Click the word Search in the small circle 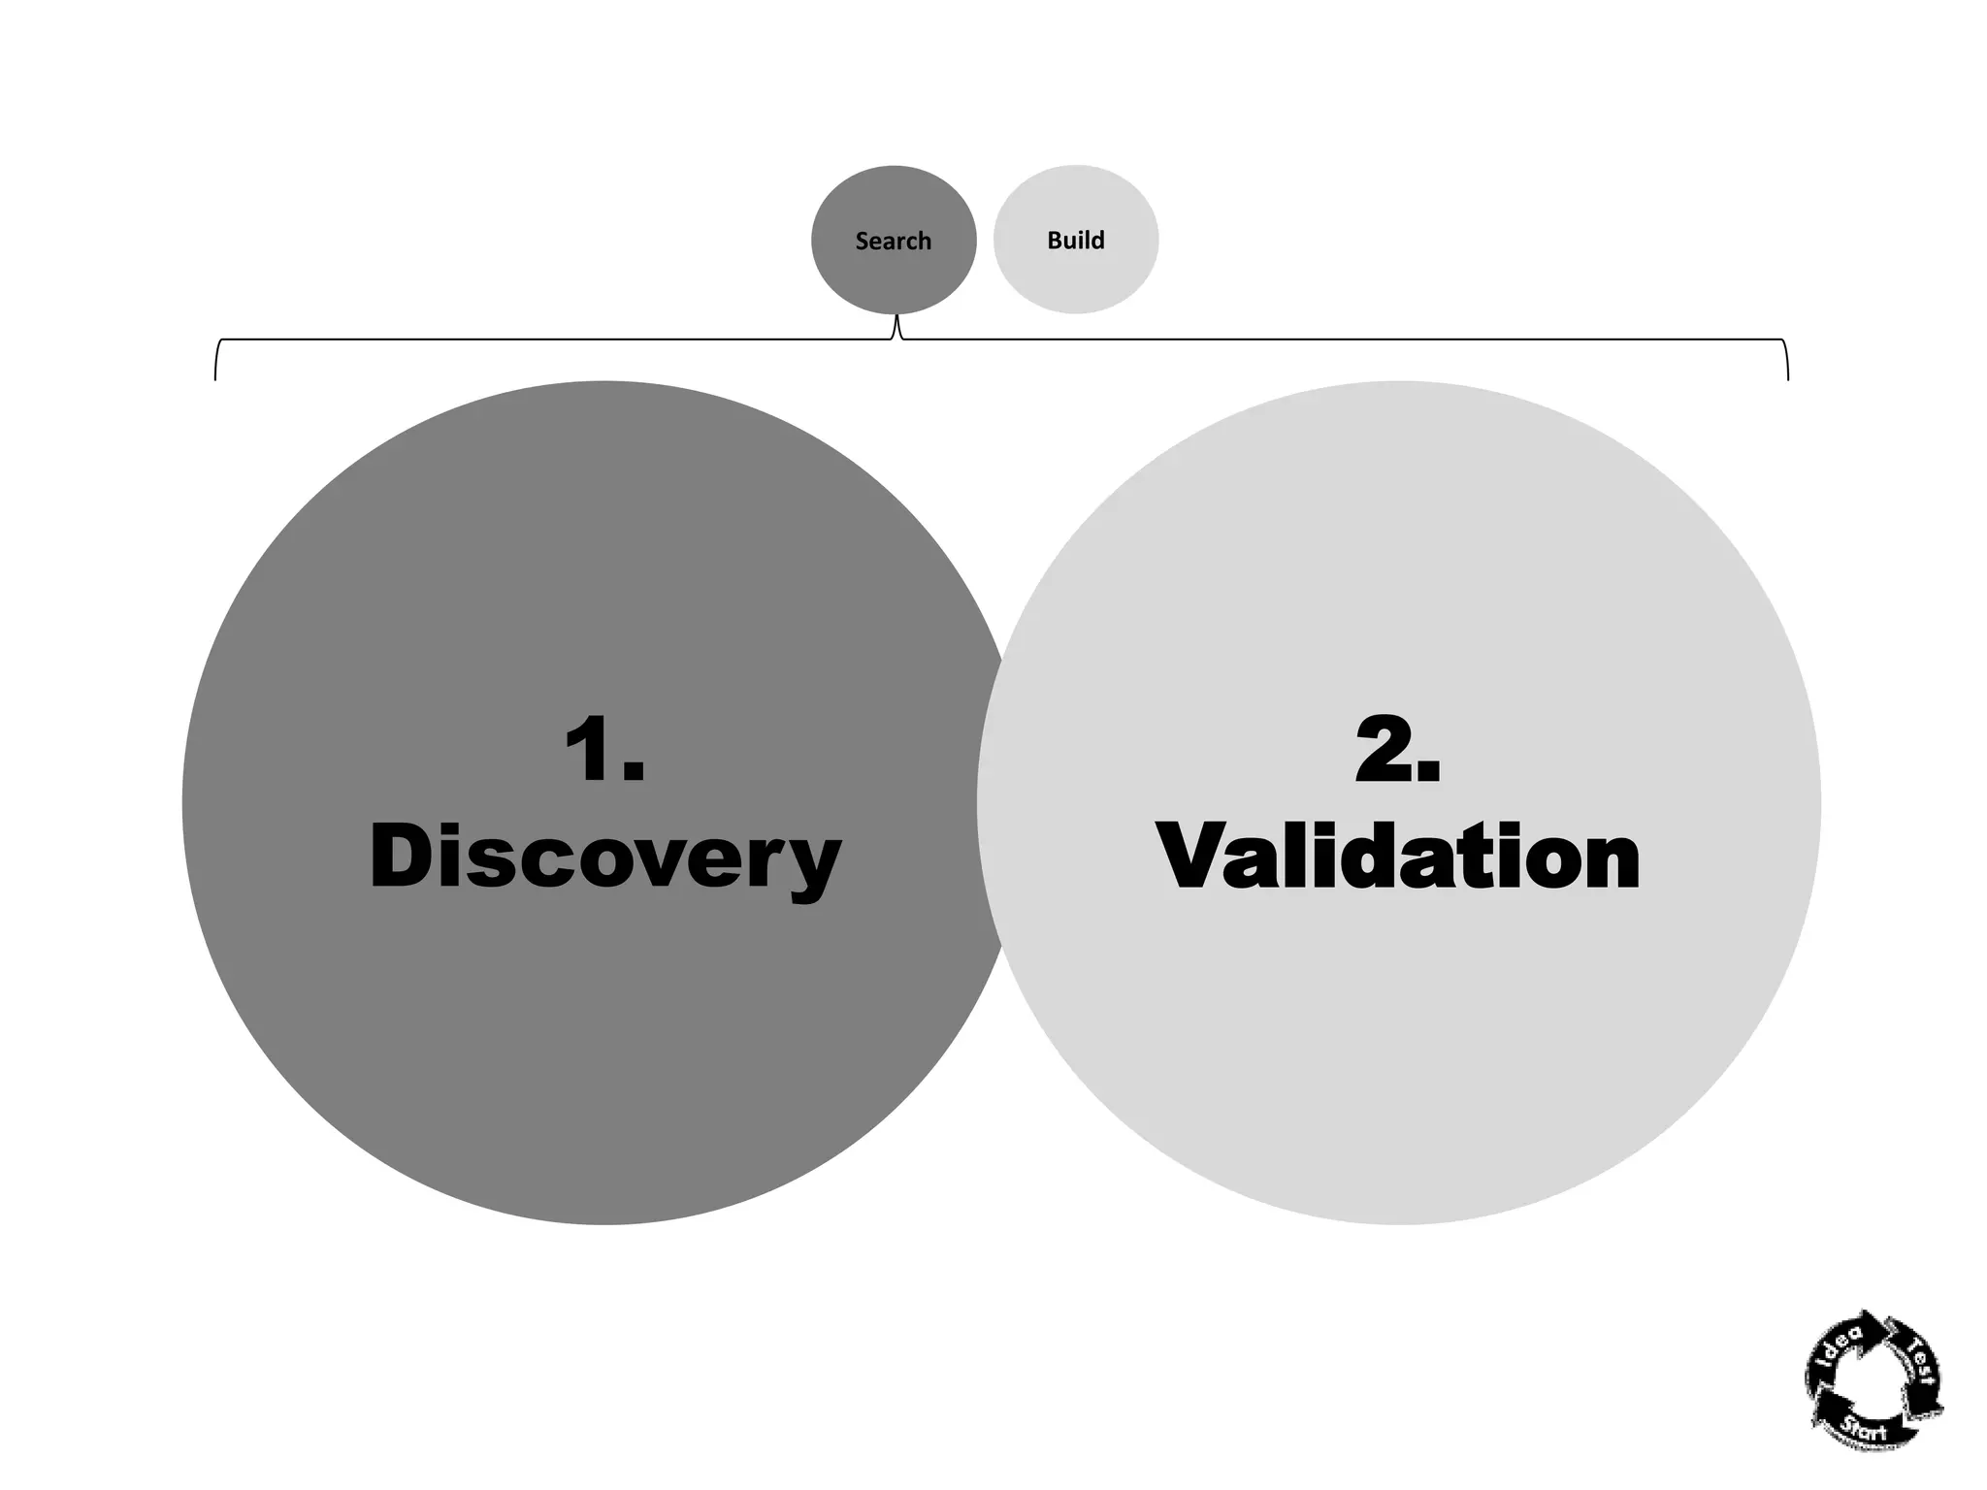893,241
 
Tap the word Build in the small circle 1075,240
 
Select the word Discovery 605,857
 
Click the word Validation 1397,857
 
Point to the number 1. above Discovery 603,749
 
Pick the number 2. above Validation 1397,749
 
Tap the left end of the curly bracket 215,377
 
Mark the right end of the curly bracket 1787,377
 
